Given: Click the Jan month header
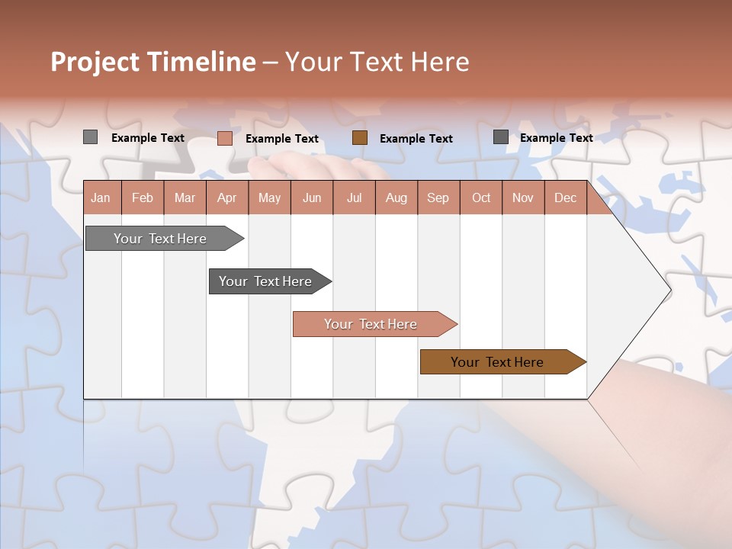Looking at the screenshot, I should pos(101,197).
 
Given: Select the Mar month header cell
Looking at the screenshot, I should pos(185,197).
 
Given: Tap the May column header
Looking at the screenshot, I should pos(269,197).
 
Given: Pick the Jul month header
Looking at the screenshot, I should pos(354,197).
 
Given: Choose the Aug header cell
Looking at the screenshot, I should pos(396,197).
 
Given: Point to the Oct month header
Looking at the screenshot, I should pos(480,197).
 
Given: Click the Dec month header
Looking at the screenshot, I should pos(565,197).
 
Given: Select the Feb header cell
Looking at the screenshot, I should pos(143,197).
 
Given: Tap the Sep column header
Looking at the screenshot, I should pos(438,197).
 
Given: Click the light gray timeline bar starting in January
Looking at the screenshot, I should pos(160,239).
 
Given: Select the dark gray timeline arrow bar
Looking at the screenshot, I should pos(265,281).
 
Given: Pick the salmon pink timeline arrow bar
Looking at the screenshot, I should pos(371,324).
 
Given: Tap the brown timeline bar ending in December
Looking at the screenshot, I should pos(497,362).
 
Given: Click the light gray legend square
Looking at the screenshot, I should pos(90,137).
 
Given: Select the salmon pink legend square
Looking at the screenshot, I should pos(224,138).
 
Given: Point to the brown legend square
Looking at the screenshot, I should pos(360,137).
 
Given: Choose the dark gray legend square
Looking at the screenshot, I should pos(500,137).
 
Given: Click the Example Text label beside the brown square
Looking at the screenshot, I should pos(416,139).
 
